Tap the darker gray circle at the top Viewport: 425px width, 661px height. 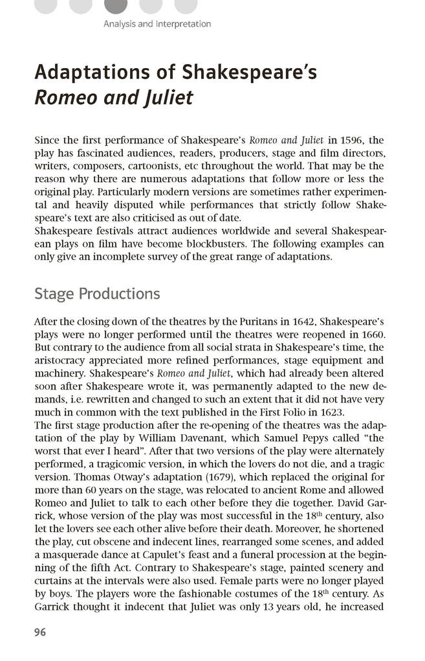coord(116,5)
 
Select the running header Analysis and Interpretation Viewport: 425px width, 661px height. coord(157,24)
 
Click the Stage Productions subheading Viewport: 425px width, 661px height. coord(97,294)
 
